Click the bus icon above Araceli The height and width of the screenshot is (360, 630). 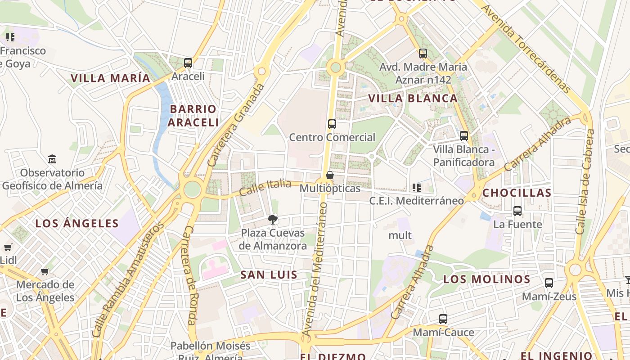point(188,63)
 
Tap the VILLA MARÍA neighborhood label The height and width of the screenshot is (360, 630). point(110,78)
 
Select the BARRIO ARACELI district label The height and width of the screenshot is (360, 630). point(193,116)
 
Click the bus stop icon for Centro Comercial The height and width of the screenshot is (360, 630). point(332,124)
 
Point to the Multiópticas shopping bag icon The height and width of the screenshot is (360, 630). point(330,175)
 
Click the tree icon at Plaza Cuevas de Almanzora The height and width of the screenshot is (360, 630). point(272,220)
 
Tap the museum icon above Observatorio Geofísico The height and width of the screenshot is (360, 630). point(52,159)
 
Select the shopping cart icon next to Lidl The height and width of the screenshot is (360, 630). point(8,247)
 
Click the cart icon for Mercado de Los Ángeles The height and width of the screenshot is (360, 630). point(45,271)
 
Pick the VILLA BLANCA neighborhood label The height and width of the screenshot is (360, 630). point(413,98)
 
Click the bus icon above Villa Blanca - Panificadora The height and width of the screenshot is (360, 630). point(463,135)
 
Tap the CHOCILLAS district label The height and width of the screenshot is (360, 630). point(517,193)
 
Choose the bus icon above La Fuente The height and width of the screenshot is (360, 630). point(517,211)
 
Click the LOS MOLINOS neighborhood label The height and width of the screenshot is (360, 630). point(486,279)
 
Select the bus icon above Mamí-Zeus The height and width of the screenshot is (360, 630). point(549,283)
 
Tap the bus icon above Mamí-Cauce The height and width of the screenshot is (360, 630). point(443,319)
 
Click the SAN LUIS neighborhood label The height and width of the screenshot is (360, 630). point(269,275)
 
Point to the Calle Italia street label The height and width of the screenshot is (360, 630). point(265,187)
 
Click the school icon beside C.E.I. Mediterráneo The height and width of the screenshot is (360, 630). point(416,187)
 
